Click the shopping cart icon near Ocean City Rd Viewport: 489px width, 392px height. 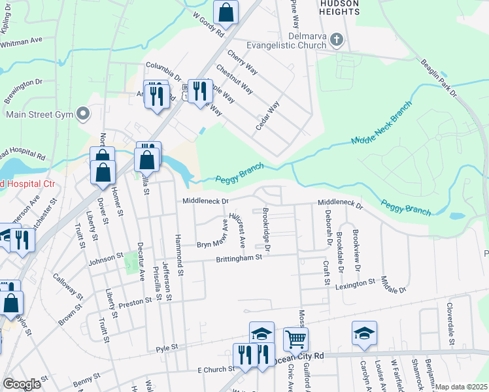(295, 339)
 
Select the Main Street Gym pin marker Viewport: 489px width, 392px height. (82, 114)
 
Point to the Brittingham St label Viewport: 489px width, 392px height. (239, 258)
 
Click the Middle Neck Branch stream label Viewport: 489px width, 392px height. (382, 123)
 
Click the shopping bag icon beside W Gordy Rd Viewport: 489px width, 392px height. (226, 12)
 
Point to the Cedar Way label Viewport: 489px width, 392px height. (268, 115)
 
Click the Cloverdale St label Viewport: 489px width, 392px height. (450, 323)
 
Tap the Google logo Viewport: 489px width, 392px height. (22, 384)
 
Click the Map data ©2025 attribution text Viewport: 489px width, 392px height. (462, 387)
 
